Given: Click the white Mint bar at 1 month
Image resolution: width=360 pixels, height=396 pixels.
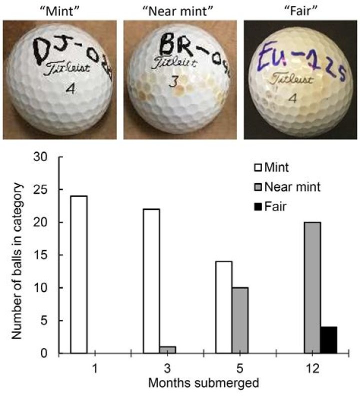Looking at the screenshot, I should tap(79, 274).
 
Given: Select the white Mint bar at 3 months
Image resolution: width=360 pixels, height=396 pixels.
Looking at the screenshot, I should tap(151, 281).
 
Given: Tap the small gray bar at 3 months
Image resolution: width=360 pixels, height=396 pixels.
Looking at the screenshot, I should tap(167, 349).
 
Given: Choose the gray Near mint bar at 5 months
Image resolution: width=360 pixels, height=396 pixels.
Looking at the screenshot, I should tap(239, 320).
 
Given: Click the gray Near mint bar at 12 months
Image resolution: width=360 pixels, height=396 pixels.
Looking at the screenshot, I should tap(312, 287).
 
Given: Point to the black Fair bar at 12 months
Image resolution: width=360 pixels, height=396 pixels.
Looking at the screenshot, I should tap(328, 340).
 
